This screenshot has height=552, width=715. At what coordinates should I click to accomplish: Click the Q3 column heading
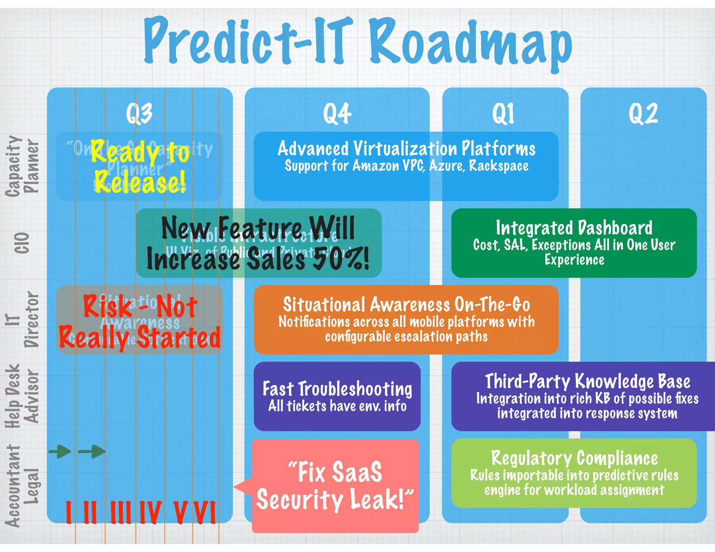point(139,113)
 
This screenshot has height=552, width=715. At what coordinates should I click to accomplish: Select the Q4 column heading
point(337,113)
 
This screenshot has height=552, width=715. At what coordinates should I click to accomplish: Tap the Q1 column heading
point(503,113)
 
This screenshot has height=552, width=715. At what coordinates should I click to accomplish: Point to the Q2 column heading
point(643,113)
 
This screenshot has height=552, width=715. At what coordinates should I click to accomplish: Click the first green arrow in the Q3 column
point(60,452)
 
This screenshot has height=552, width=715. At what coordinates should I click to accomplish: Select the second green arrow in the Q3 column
point(92,452)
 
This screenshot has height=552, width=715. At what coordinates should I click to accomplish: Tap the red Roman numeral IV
point(150,512)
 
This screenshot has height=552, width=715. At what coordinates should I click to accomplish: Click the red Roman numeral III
point(120,512)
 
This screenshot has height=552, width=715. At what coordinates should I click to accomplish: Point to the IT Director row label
point(22,319)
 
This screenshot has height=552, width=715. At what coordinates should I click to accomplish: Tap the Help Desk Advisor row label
point(22,396)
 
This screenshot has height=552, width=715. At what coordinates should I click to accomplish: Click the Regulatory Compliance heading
point(574,458)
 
